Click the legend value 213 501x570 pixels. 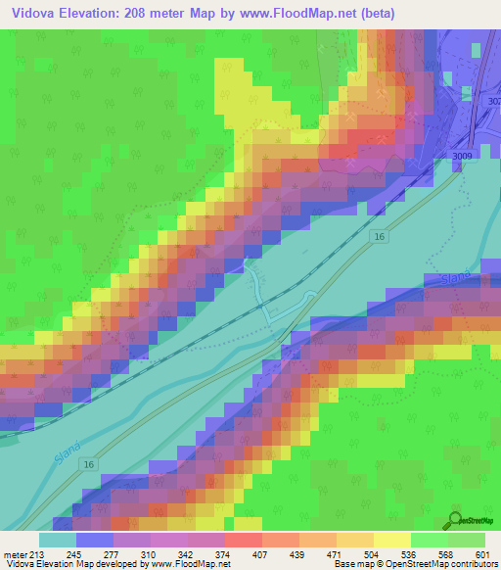coord(35,553)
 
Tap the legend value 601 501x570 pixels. coord(482,553)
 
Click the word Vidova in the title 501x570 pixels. coord(33,13)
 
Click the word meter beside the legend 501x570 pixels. coord(13,553)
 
